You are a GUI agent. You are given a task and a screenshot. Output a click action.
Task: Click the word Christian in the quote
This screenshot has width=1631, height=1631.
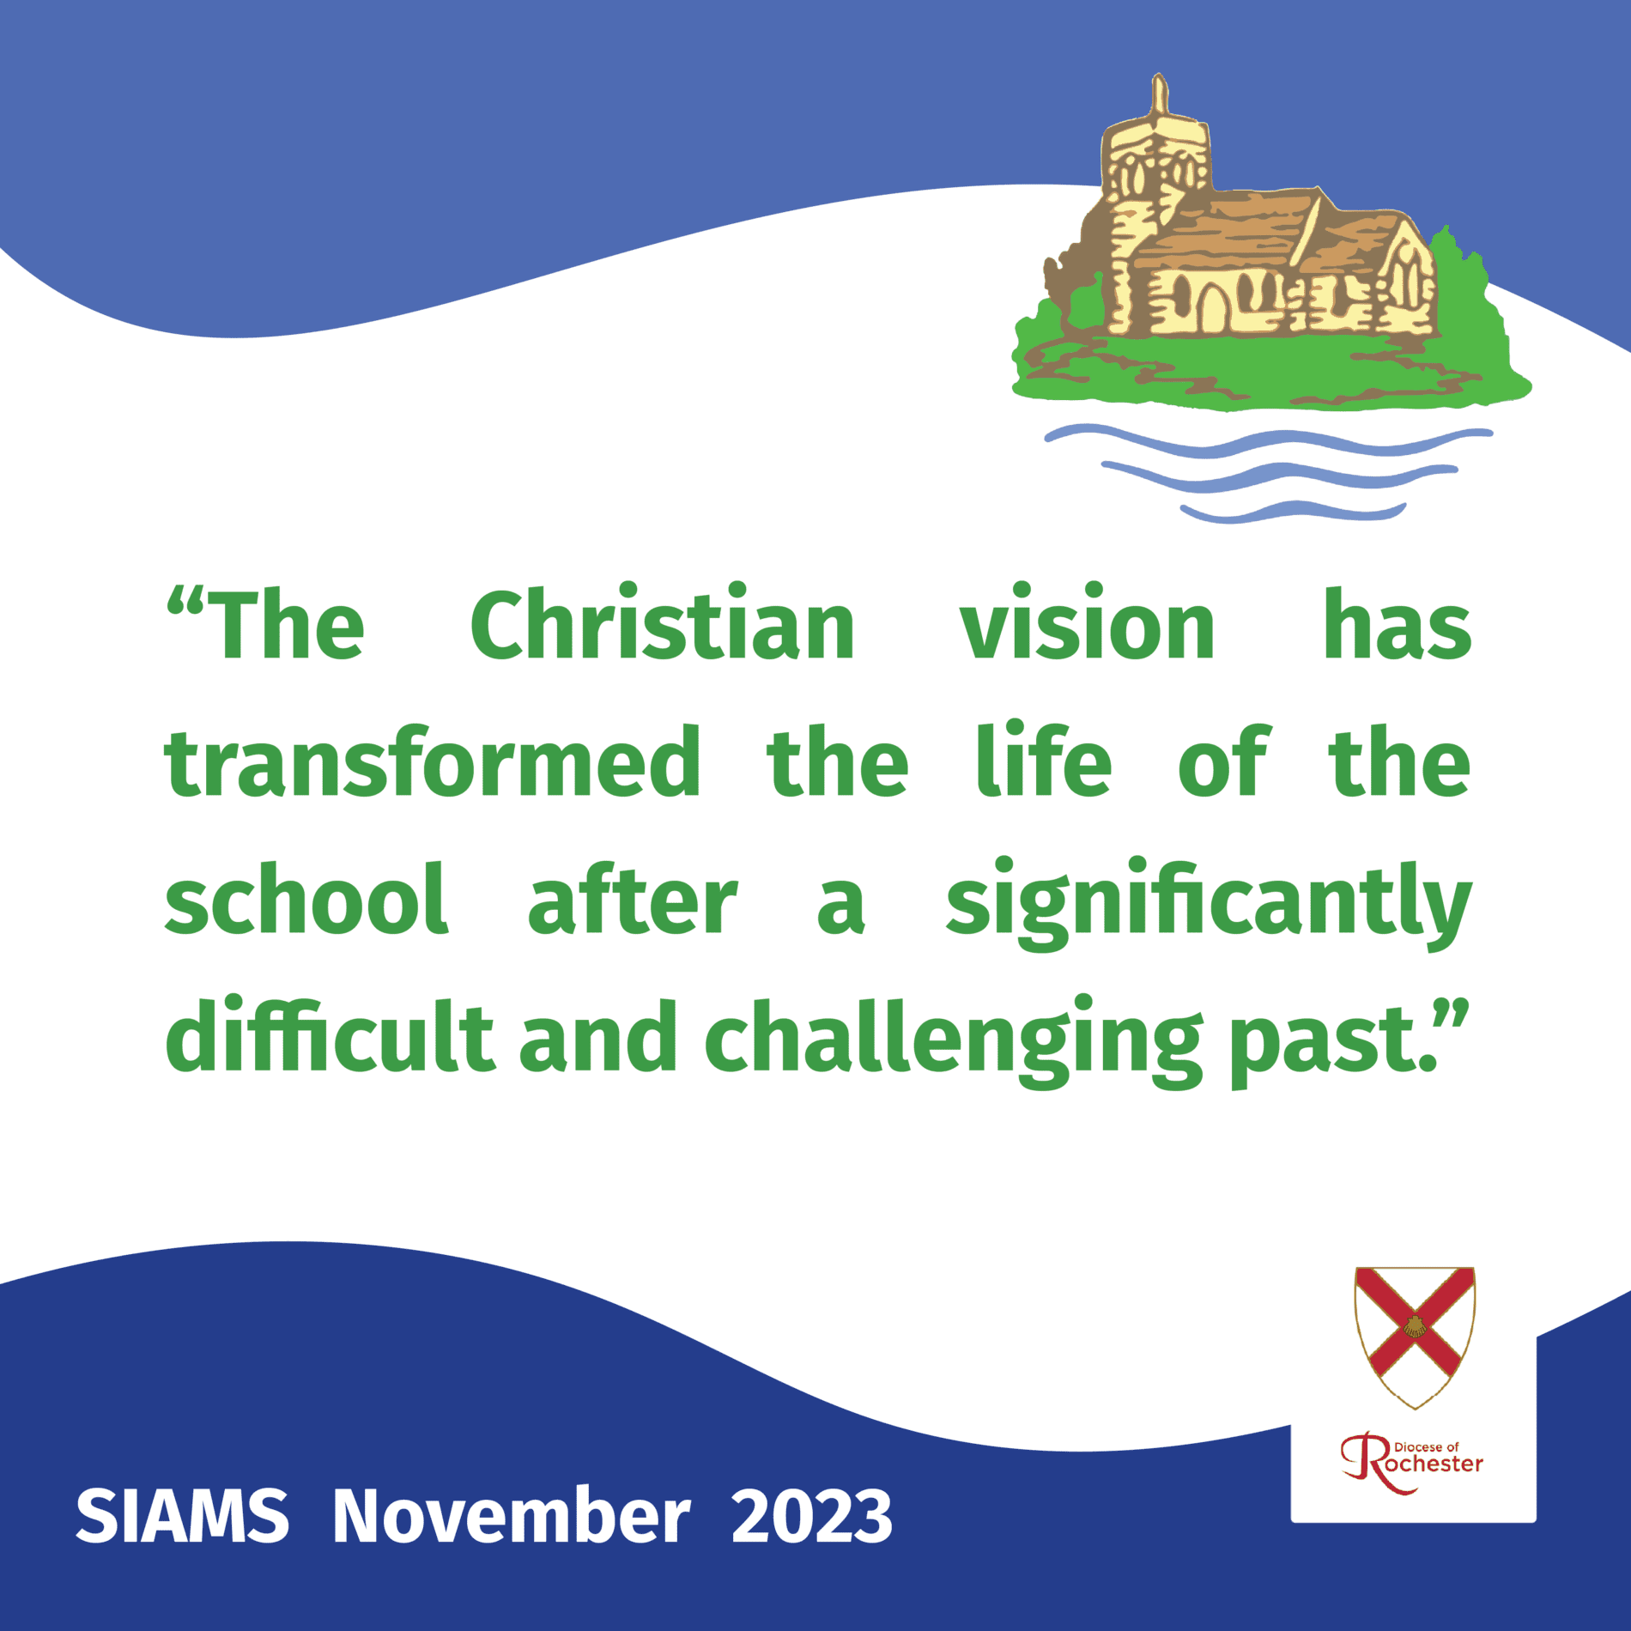[x=662, y=624]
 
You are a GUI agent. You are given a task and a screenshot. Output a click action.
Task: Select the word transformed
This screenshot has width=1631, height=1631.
[x=433, y=761]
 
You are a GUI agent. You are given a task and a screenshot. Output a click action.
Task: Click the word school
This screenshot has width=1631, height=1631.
[x=306, y=898]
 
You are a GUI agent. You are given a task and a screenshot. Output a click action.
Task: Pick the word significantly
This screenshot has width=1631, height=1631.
[x=1209, y=903]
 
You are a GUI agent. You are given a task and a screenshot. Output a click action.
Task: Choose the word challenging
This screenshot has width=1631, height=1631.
[x=953, y=1040]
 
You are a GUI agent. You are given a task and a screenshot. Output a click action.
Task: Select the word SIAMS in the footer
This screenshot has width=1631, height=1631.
[x=182, y=1516]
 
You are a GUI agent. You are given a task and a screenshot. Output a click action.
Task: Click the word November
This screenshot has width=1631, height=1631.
[x=511, y=1516]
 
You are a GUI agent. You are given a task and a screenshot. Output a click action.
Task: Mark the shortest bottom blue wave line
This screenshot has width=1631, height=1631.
[x=1293, y=512]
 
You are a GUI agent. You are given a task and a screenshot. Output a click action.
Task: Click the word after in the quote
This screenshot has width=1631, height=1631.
[x=633, y=898]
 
